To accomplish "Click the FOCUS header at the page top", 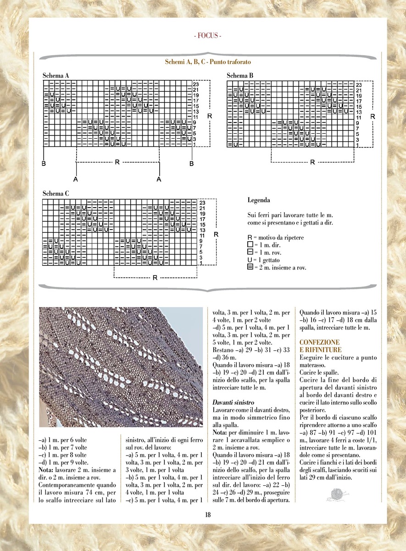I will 208,36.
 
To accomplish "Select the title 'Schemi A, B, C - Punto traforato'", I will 208,62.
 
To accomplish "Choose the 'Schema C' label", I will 56,193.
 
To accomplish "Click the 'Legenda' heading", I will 259,200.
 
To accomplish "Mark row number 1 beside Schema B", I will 358,145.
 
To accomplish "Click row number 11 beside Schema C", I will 202,236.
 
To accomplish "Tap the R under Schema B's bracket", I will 312,162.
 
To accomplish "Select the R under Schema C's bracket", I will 155,278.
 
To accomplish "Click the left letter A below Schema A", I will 76,179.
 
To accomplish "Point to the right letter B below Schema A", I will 192,163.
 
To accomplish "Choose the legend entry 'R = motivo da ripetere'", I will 275,238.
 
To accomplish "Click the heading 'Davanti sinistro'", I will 231,402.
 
